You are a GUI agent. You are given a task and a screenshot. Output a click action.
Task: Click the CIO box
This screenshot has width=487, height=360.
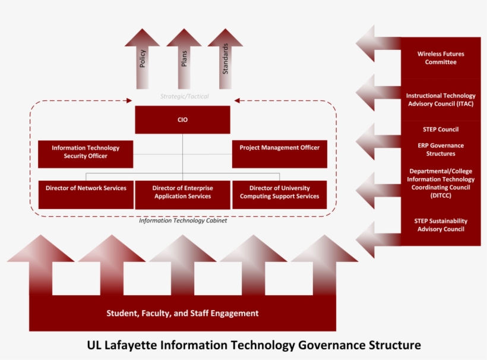click(182, 119)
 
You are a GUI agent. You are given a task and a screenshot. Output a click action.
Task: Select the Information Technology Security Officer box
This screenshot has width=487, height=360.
click(86, 153)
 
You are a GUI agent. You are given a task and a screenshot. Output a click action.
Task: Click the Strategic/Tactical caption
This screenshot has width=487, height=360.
click(184, 96)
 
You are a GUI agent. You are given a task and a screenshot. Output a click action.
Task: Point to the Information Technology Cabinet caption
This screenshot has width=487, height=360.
click(183, 220)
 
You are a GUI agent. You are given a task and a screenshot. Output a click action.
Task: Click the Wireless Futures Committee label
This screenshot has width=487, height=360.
click(441, 58)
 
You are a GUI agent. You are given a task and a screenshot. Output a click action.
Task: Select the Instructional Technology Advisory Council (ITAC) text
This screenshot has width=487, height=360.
click(441, 100)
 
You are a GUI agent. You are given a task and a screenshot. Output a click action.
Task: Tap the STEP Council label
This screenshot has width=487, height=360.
click(441, 130)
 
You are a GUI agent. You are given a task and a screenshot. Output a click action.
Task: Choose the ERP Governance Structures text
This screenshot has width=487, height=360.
click(441, 150)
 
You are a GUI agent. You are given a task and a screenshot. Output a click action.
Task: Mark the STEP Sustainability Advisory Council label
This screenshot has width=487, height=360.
click(441, 225)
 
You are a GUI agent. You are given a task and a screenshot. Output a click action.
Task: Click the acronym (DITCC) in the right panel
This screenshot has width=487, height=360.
click(441, 196)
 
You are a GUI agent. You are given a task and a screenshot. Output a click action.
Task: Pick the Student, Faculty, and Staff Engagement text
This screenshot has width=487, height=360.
click(182, 313)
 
